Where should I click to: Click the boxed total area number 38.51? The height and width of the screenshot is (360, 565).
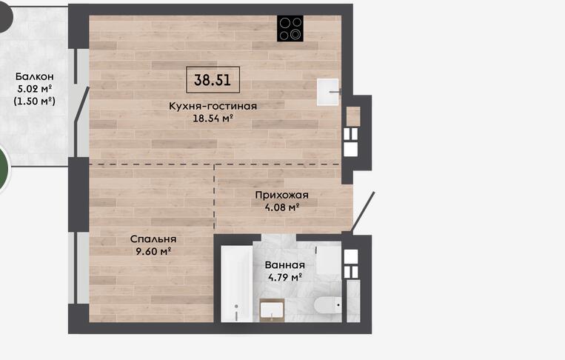(x=213, y=80)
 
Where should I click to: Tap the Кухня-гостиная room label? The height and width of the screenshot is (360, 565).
(x=213, y=107)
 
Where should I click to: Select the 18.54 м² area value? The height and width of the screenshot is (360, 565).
(x=213, y=119)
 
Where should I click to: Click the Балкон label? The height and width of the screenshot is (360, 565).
(x=35, y=77)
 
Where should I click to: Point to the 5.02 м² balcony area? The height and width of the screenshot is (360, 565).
(x=35, y=89)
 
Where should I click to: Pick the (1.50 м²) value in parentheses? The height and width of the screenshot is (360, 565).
(x=35, y=101)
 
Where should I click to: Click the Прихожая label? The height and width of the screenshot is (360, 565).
(x=282, y=196)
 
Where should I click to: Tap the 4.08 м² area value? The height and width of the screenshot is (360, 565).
(x=282, y=207)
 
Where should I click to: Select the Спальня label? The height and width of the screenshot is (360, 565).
(x=153, y=239)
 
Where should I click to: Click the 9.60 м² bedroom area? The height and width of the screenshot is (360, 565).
(x=153, y=251)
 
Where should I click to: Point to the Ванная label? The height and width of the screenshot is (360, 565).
(x=284, y=265)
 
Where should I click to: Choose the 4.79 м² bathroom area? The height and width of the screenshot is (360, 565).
(x=284, y=278)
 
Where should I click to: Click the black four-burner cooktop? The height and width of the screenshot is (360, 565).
(x=290, y=28)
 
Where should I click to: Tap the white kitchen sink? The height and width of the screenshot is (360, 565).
(x=328, y=93)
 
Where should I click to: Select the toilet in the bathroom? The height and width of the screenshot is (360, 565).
(x=327, y=306)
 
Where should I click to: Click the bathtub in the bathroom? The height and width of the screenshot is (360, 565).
(x=236, y=284)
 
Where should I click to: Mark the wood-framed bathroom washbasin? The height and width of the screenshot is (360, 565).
(x=272, y=310)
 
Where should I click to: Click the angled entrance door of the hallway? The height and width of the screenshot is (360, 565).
(x=363, y=212)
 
